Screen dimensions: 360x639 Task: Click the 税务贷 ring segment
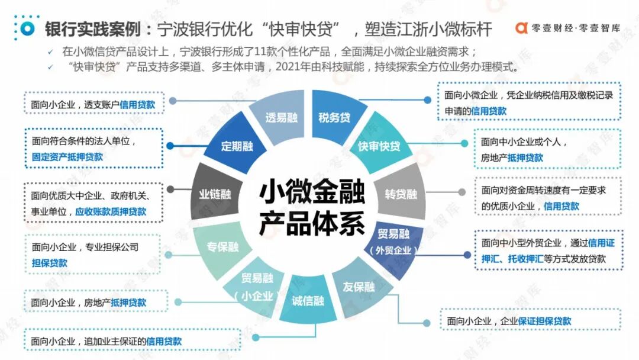pyautogui.click(x=334, y=117)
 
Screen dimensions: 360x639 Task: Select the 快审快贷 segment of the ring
pyautogui.click(x=379, y=146)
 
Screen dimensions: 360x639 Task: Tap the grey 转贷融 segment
pyautogui.click(x=401, y=194)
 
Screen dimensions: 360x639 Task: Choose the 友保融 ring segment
pyautogui.click(x=359, y=288)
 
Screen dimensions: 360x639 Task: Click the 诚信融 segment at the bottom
pyautogui.click(x=308, y=301)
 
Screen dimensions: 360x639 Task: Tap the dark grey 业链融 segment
pyautogui.click(x=215, y=194)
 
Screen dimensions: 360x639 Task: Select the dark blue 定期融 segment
pyautogui.click(x=237, y=146)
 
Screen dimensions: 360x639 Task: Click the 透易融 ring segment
pyautogui.click(x=281, y=117)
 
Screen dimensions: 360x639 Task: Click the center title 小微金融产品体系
pyautogui.click(x=312, y=208)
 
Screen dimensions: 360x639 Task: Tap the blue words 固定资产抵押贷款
pyautogui.click(x=67, y=157)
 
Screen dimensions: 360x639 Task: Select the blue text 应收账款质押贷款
pyautogui.click(x=111, y=211)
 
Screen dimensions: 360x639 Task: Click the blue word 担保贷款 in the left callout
pyautogui.click(x=50, y=263)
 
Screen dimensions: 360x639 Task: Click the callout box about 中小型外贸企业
pyautogui.click(x=548, y=250)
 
